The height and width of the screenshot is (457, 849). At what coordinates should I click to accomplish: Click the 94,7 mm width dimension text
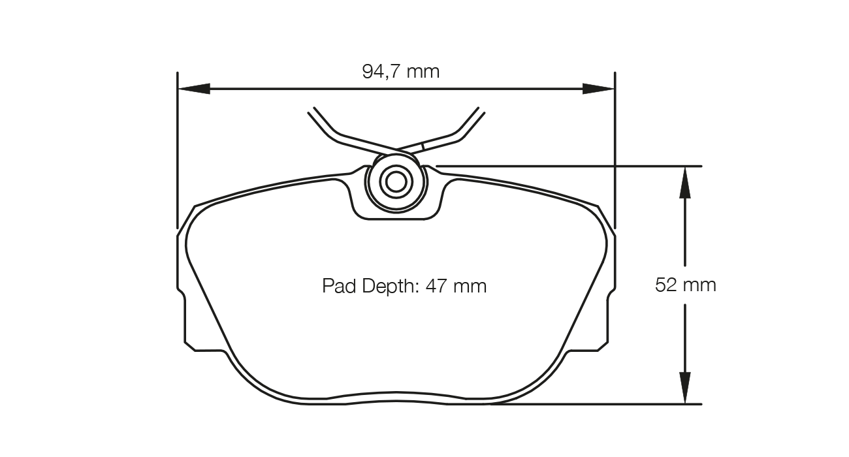click(x=401, y=71)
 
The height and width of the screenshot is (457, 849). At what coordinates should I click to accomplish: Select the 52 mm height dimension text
click(x=686, y=285)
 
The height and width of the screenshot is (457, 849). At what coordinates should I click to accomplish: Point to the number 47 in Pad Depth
click(x=436, y=286)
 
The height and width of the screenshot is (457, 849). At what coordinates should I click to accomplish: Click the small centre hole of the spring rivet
click(x=396, y=182)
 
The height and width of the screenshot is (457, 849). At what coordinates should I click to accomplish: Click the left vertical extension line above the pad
click(x=177, y=150)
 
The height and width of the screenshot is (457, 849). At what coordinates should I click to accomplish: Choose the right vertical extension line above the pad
click(x=615, y=150)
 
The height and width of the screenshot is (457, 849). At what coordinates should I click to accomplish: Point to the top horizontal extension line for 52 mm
click(x=568, y=166)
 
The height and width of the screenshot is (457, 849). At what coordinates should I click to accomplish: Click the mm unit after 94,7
click(x=423, y=71)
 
